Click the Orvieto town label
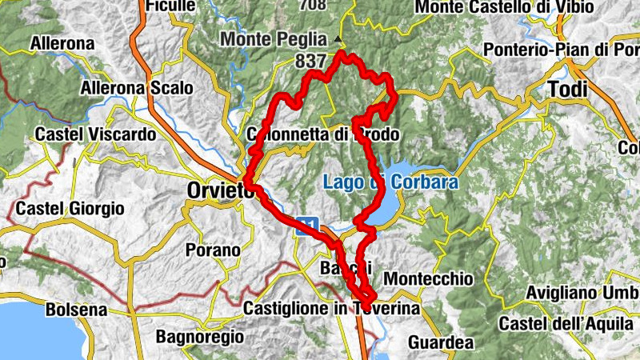(x=218, y=191)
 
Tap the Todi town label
(x=566, y=90)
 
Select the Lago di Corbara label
(x=390, y=182)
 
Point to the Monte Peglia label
(x=274, y=38)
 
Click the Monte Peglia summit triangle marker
(x=338, y=38)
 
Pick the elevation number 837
(x=310, y=60)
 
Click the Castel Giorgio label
(x=70, y=209)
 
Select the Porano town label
(x=212, y=250)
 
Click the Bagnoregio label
(x=199, y=337)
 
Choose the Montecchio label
(x=428, y=278)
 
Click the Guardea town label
(x=442, y=342)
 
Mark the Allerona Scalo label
(x=136, y=87)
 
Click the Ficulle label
(x=170, y=6)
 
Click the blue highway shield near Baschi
(x=309, y=226)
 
